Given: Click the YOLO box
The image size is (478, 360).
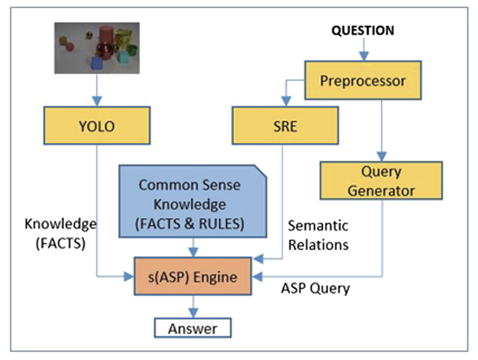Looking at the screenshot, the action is [97, 125].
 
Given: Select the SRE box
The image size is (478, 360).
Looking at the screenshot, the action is [285, 125].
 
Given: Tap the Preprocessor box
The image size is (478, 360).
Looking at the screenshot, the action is [363, 80].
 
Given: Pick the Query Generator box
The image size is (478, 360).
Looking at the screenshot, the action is [381, 181].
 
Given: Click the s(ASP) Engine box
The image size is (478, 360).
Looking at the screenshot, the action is [193, 277].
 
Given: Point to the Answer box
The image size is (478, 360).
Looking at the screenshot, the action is [193, 328].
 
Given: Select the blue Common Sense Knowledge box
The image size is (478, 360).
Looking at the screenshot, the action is [193, 201].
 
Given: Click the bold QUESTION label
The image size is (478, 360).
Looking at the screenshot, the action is [363, 31].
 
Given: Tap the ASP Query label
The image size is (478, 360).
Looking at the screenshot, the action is [315, 288].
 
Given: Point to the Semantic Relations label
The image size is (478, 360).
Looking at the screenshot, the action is [318, 235].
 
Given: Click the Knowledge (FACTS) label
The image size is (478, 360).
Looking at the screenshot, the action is [60, 234].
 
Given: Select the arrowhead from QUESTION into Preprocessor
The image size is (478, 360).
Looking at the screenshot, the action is [364, 56].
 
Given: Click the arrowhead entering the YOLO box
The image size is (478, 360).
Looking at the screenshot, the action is [97, 101].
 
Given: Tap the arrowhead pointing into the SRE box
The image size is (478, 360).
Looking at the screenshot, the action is [286, 101].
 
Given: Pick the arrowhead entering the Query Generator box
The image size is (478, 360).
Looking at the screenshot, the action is [382, 157].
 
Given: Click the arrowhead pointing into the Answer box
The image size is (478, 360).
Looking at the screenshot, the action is [193, 313].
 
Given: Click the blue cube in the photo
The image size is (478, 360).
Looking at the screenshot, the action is [97, 63].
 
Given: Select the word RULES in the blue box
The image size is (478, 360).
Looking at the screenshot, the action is [221, 224].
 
